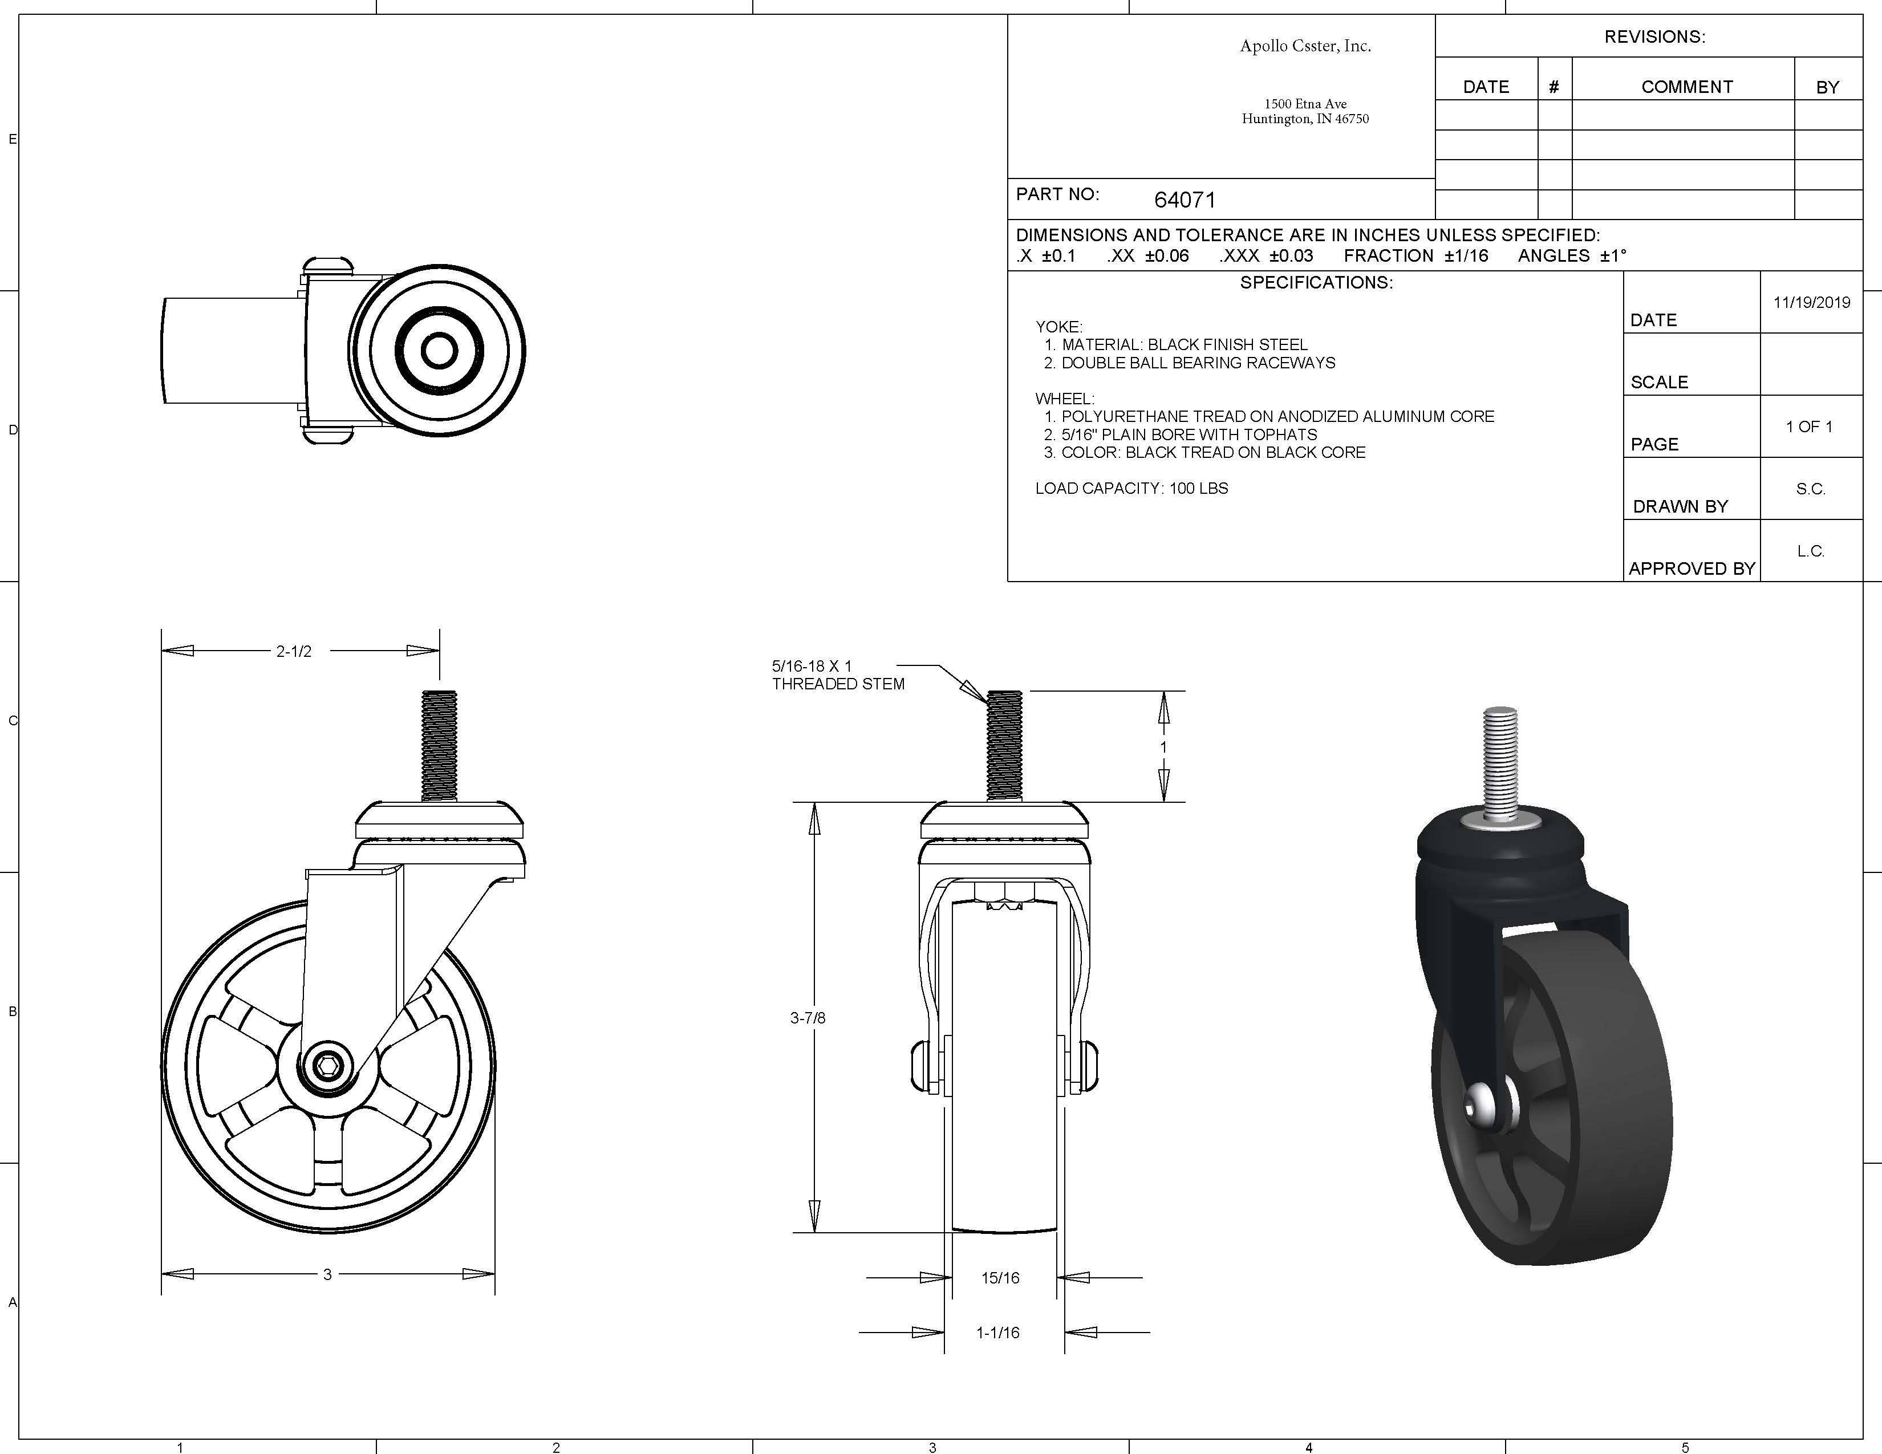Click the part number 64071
point(1185,200)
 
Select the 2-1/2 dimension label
point(294,651)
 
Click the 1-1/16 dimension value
point(998,1333)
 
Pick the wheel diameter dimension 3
point(327,1274)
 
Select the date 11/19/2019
point(1811,302)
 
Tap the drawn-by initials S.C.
point(1811,489)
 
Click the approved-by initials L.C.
point(1811,551)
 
